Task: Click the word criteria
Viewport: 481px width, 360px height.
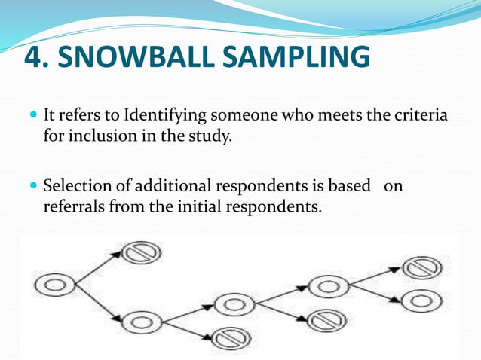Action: point(414,117)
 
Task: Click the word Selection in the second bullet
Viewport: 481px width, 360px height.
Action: point(76,185)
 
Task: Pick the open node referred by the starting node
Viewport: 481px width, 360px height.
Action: point(141,322)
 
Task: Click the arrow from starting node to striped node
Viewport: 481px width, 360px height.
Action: point(97,269)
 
